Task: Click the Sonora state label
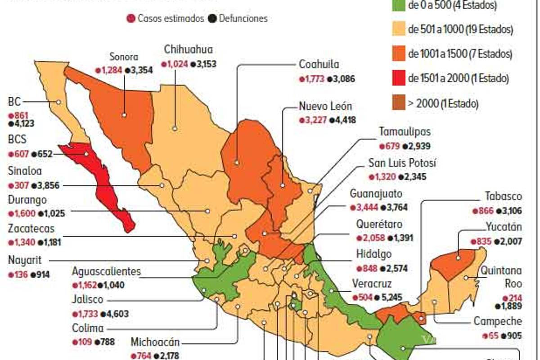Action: [124, 57]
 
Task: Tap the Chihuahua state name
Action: [188, 49]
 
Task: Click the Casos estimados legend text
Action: [171, 18]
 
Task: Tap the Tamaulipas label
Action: [405, 132]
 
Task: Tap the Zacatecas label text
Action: [31, 228]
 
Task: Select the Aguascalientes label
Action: [107, 271]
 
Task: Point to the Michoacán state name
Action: [155, 342]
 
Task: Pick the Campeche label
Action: [498, 321]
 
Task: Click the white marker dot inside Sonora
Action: [124, 115]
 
